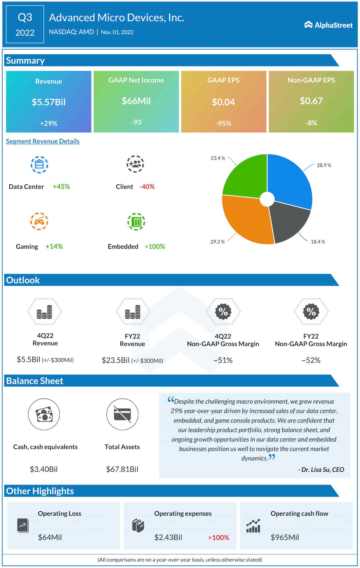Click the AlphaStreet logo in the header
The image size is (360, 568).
328,25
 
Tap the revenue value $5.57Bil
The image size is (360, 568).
49,102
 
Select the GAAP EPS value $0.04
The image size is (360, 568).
223,102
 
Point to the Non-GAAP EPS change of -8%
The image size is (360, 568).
311,123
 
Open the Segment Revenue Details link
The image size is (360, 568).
43,141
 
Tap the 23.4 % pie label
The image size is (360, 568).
218,158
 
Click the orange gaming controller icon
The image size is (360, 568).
39,221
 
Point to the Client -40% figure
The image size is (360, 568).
147,187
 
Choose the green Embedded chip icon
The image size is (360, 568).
136,222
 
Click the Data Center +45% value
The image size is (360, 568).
61,187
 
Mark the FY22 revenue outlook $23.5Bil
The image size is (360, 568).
116,360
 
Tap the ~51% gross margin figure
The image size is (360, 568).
223,360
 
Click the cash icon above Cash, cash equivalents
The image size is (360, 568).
44,414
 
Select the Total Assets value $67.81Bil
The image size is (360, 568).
122,469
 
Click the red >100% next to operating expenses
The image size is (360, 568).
219,538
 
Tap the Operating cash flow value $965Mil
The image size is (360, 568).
285,537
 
